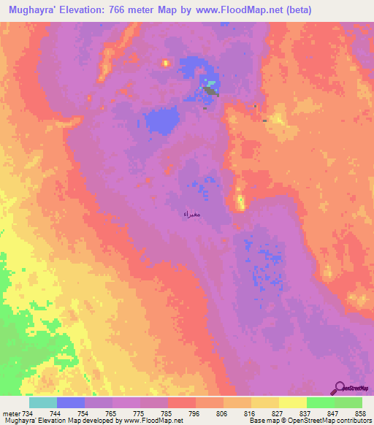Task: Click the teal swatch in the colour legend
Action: click(x=43, y=402)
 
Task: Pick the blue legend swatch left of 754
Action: click(x=71, y=402)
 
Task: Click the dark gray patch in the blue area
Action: click(x=210, y=91)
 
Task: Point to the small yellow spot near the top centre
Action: click(x=166, y=64)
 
